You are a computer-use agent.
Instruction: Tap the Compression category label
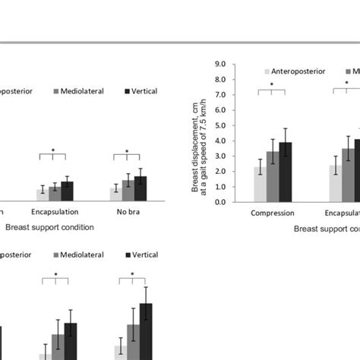pyautogui.click(x=271, y=213)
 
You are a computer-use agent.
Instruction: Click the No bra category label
pyautogui.click(x=128, y=213)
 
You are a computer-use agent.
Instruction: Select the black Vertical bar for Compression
pyautogui.click(x=285, y=172)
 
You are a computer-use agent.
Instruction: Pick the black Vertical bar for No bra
pyautogui.click(x=141, y=189)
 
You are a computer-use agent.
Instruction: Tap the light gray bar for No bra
pyautogui.click(x=115, y=194)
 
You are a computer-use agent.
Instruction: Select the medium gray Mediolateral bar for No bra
pyautogui.click(x=128, y=191)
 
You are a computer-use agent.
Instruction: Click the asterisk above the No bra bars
pyautogui.click(x=128, y=151)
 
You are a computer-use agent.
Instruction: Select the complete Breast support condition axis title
pyautogui.click(x=49, y=226)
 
